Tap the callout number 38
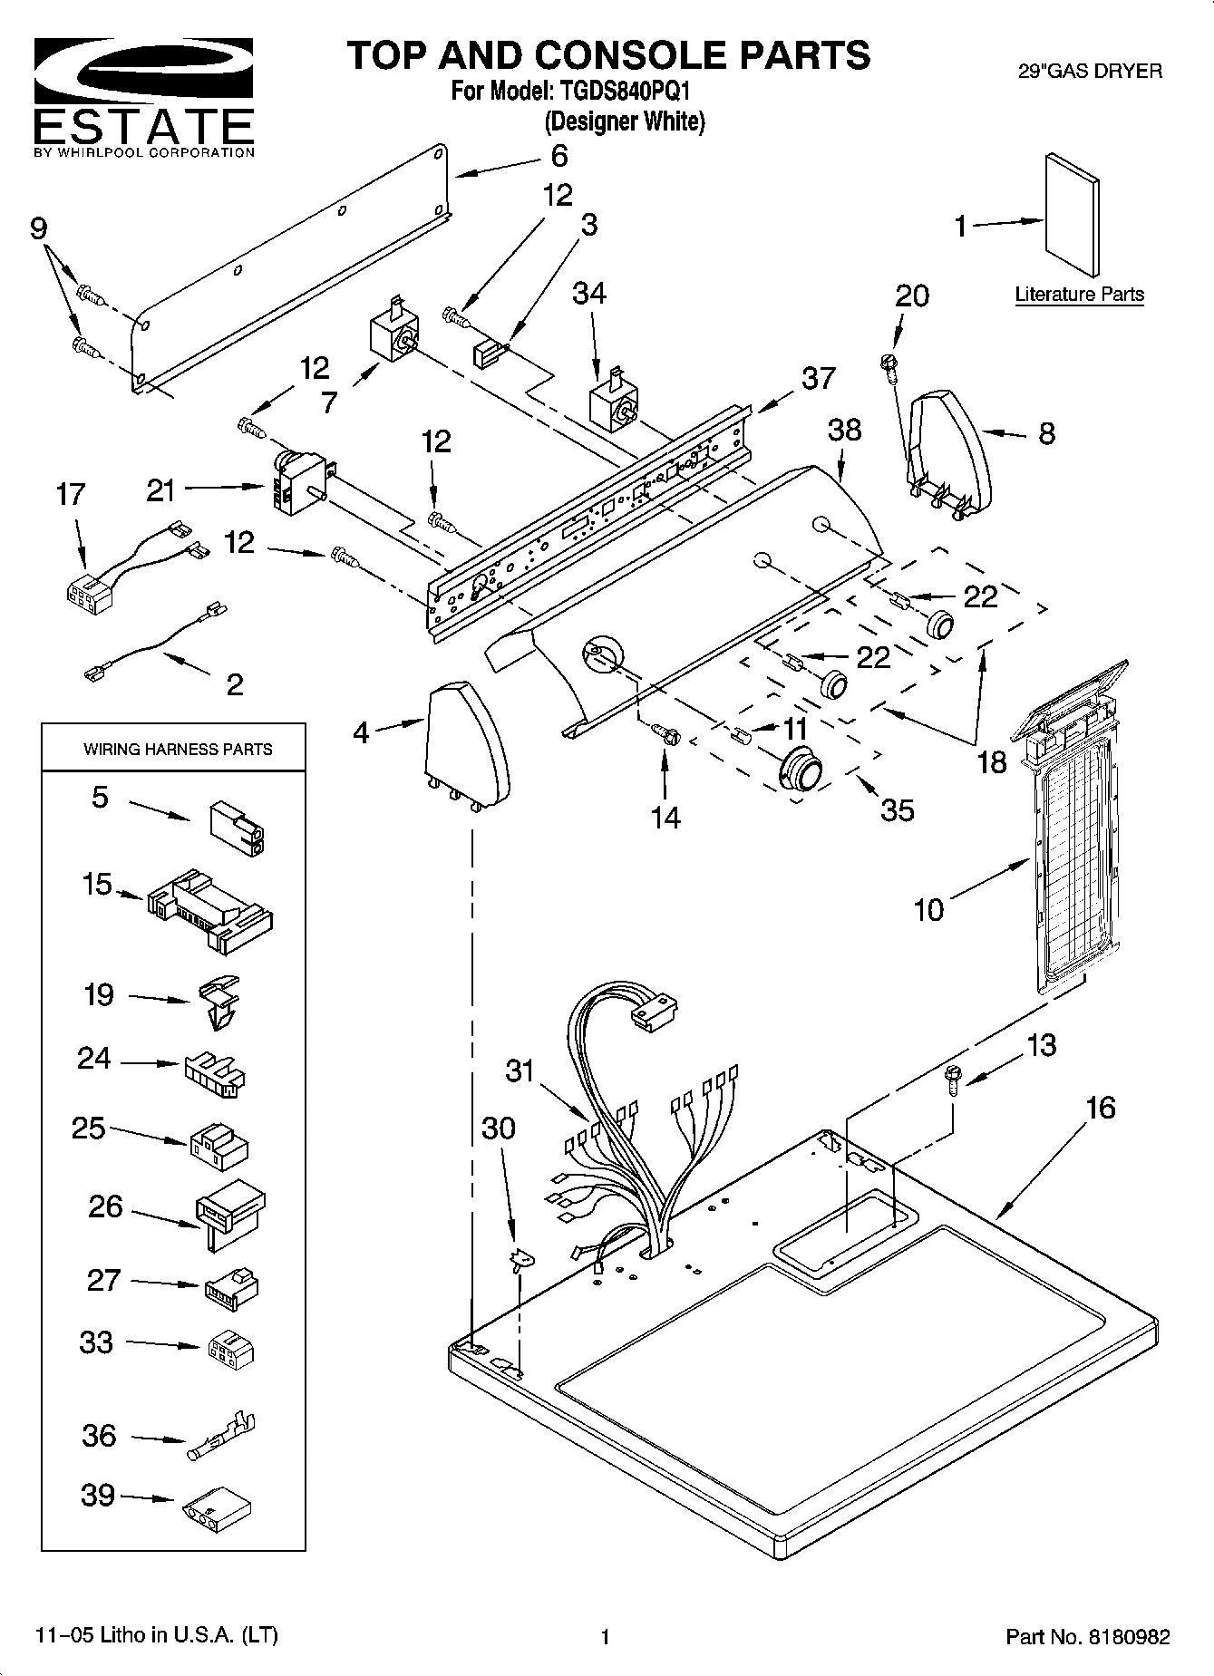point(844,430)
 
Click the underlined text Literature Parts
point(1079,295)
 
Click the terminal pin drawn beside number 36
point(222,1437)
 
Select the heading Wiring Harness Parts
point(178,750)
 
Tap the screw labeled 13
point(951,1079)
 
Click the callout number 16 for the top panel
point(1100,1107)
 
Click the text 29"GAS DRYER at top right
point(1090,71)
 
